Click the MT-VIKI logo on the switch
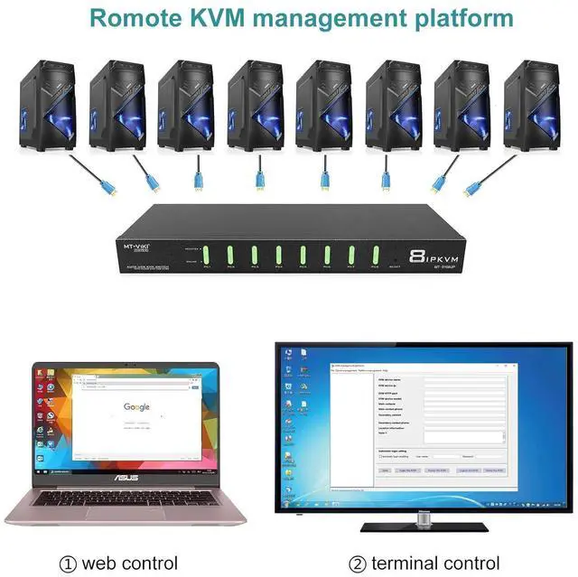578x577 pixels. click(x=139, y=243)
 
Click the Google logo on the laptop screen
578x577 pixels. click(x=137, y=407)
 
